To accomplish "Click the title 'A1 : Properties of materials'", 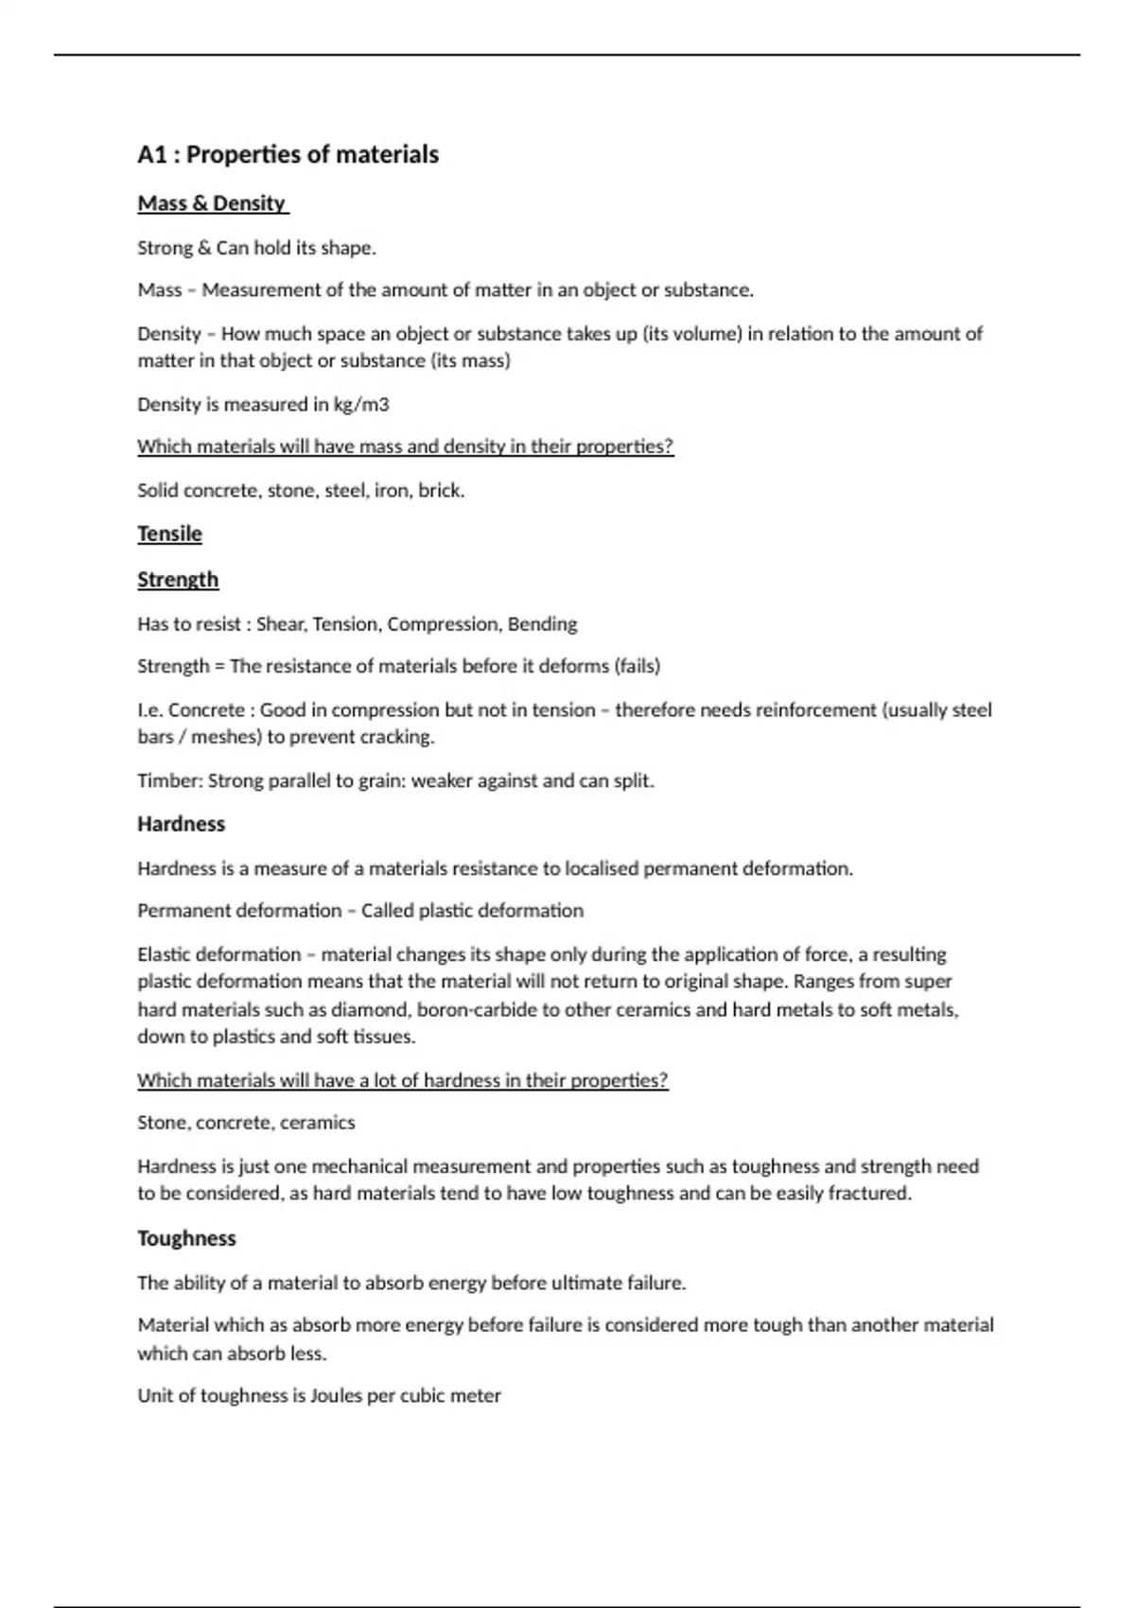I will [288, 154].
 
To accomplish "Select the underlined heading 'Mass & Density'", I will [212, 203].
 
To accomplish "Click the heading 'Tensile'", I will [169, 533].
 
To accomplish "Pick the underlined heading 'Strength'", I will [178, 579].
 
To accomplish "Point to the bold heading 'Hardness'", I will [181, 824].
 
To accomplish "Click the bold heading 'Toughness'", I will [186, 1238].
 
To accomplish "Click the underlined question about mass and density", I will [405, 446].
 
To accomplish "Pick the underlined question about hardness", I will [402, 1080].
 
